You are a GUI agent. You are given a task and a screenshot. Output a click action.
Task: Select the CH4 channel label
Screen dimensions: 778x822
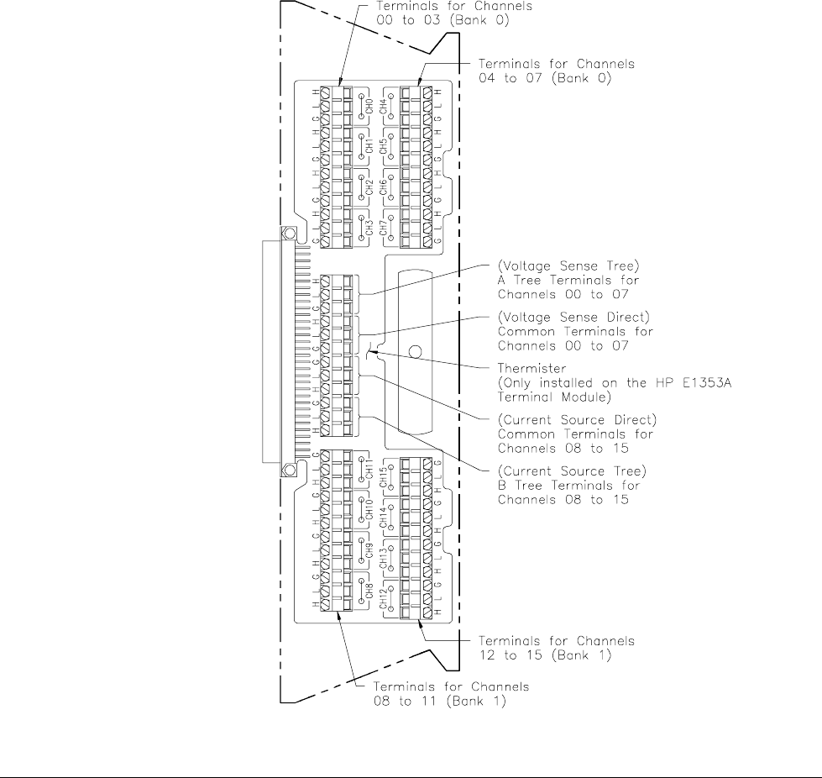384,107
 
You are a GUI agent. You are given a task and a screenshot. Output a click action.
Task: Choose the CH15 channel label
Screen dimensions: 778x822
384,480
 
